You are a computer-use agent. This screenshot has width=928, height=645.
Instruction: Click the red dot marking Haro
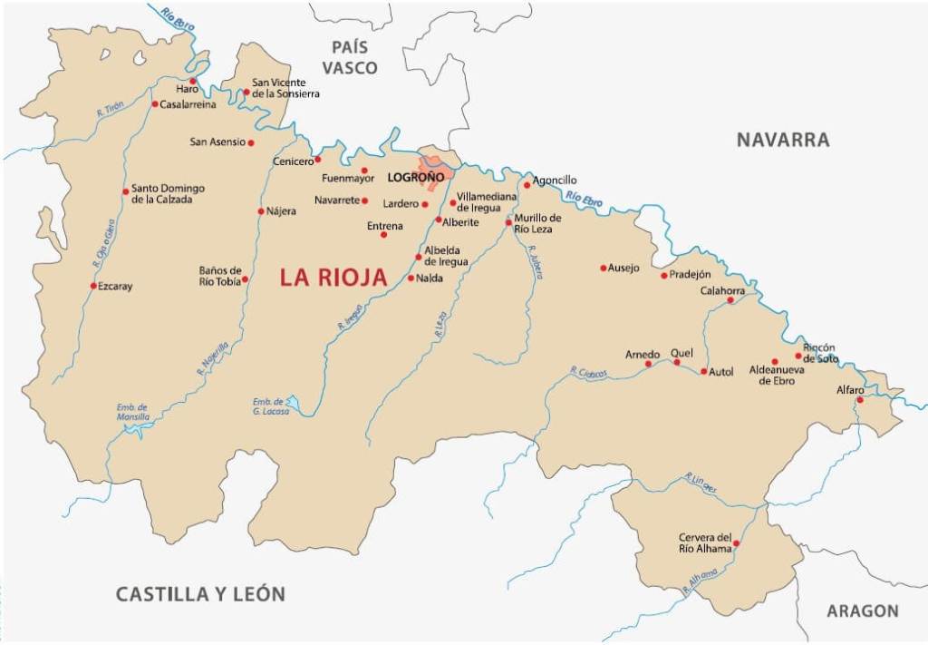click(192, 81)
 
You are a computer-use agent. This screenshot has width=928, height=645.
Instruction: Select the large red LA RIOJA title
click(333, 278)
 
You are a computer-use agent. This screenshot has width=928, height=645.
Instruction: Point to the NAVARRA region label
click(782, 140)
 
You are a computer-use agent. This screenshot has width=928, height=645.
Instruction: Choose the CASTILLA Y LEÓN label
click(200, 594)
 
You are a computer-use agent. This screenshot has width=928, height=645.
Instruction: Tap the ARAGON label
click(862, 611)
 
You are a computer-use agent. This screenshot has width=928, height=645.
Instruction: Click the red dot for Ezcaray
click(93, 286)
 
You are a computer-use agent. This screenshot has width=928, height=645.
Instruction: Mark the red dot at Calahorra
click(730, 300)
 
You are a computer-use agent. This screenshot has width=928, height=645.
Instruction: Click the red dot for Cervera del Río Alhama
click(736, 543)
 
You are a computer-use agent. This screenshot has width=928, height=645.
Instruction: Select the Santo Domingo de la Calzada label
click(169, 193)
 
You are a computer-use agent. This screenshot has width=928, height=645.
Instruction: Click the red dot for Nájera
click(261, 211)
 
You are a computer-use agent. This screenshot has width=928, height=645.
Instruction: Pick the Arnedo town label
click(643, 354)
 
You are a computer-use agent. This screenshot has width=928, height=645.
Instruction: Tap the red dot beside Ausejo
click(604, 268)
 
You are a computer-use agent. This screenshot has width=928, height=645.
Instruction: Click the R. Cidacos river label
click(587, 373)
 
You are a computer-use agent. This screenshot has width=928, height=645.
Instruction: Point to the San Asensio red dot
click(251, 142)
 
